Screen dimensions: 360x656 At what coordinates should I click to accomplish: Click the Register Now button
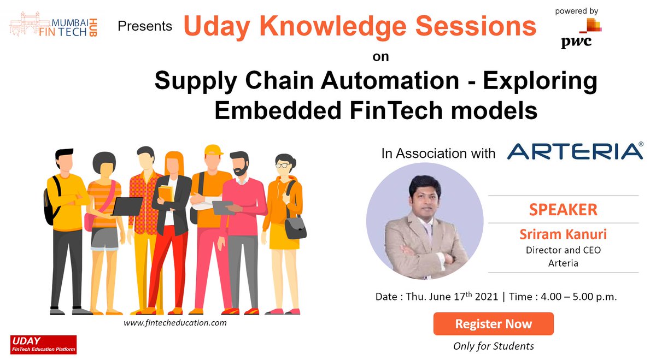(x=493, y=324)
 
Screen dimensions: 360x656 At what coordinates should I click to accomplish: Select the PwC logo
(x=579, y=34)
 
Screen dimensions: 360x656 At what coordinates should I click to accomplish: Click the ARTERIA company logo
(x=575, y=151)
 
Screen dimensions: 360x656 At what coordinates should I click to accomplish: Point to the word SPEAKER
(x=563, y=209)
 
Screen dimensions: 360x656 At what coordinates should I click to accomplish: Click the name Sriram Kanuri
(x=563, y=235)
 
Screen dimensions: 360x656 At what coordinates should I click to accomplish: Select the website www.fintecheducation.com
(x=175, y=323)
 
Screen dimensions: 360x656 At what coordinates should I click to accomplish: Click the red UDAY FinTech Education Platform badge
(x=44, y=344)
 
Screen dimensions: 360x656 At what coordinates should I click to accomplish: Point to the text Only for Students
(x=493, y=346)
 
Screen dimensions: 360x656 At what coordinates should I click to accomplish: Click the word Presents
(x=145, y=26)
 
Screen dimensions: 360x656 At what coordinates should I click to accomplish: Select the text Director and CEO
(x=563, y=250)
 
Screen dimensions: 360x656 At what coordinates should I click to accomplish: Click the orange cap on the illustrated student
(x=213, y=150)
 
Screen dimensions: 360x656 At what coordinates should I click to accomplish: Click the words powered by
(x=576, y=10)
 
